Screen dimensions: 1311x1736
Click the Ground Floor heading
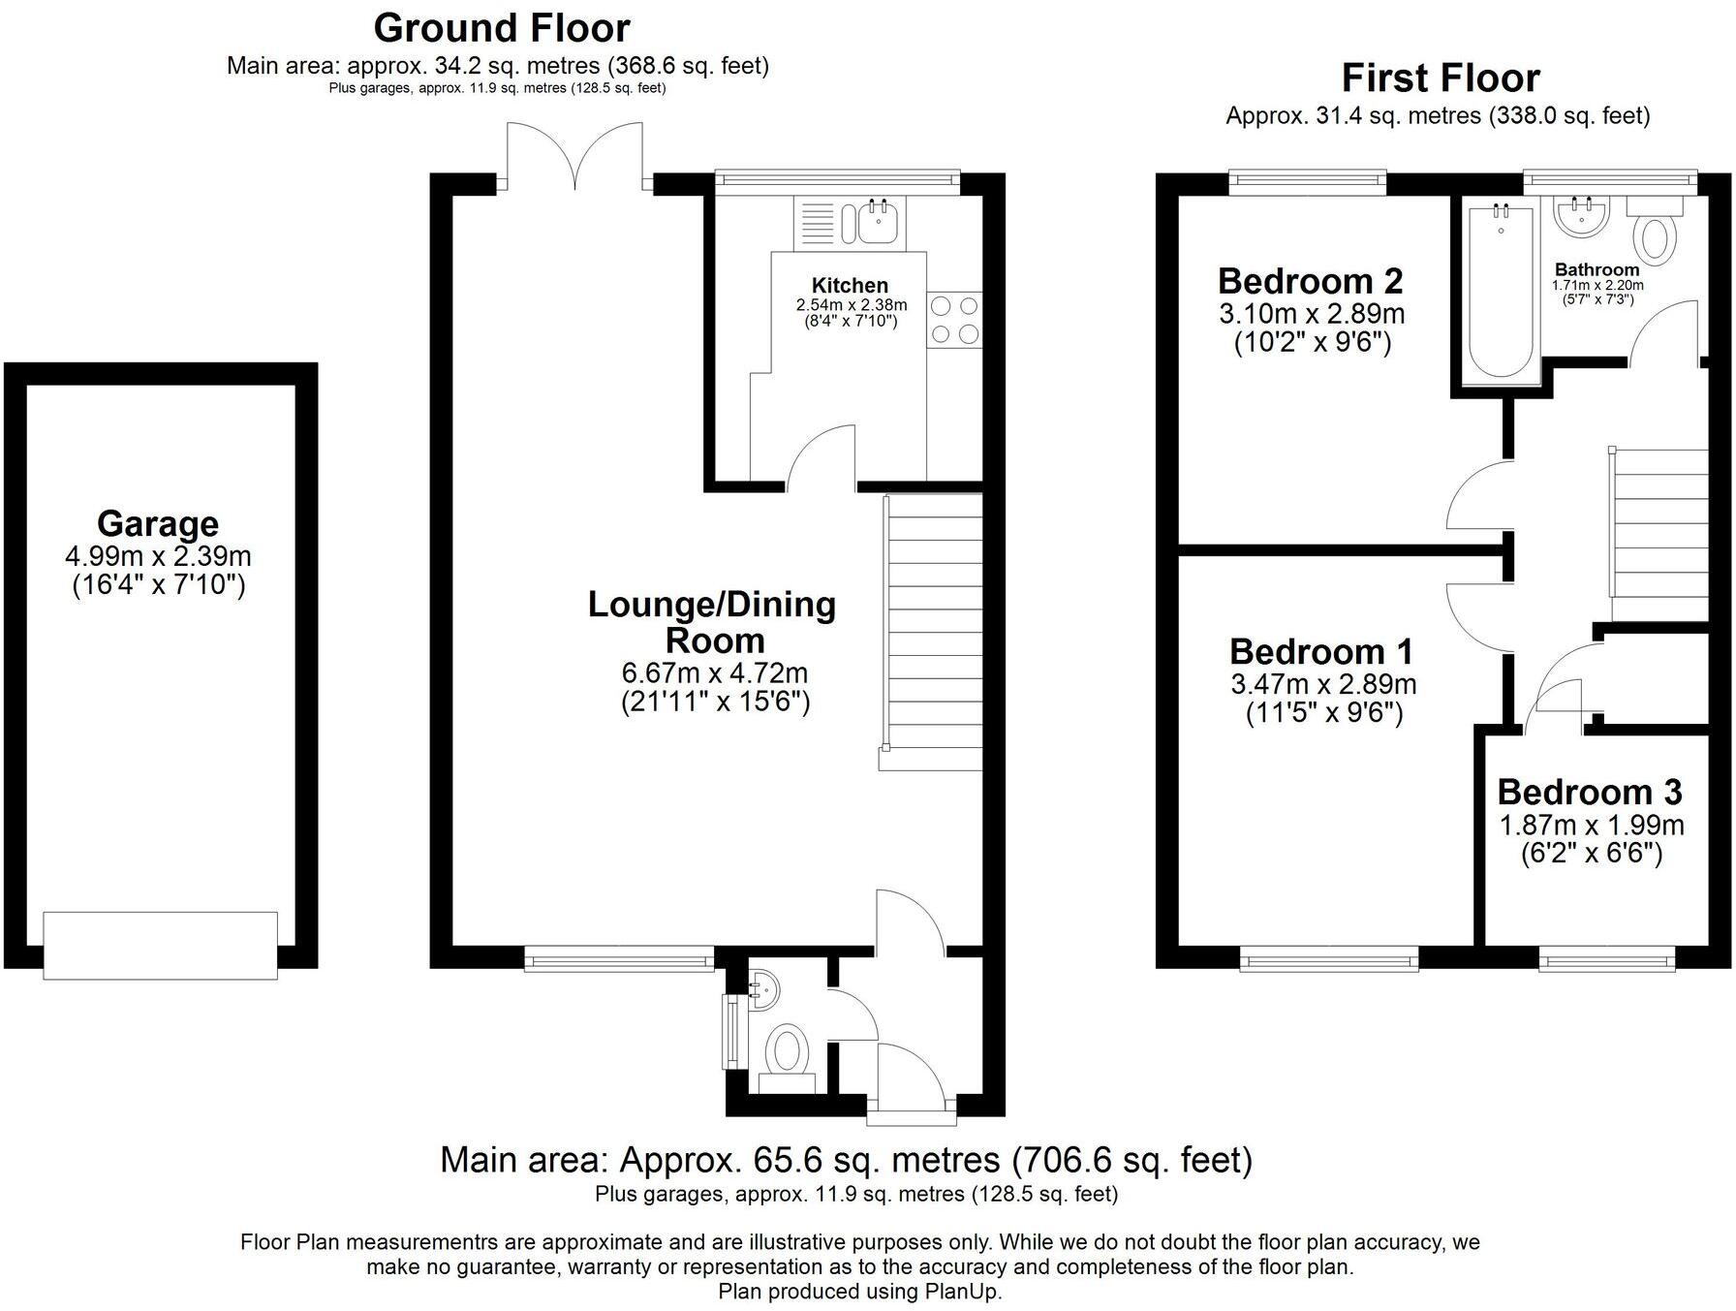point(501,28)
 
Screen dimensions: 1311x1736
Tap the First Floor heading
point(1441,78)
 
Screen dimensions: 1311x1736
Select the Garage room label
point(158,523)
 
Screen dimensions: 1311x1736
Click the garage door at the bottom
point(161,945)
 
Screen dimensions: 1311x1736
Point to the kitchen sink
point(880,222)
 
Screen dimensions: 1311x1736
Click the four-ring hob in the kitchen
point(954,320)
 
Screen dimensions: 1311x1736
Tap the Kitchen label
point(850,285)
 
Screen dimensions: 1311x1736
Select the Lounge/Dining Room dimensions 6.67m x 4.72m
point(715,672)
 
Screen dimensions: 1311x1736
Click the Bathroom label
point(1596,269)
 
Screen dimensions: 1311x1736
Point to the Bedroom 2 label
point(1310,281)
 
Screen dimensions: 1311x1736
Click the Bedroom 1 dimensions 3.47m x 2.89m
point(1323,684)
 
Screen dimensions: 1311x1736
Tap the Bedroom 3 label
point(1590,792)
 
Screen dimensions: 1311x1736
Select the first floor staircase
point(1658,533)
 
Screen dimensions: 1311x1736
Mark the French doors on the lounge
point(575,155)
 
